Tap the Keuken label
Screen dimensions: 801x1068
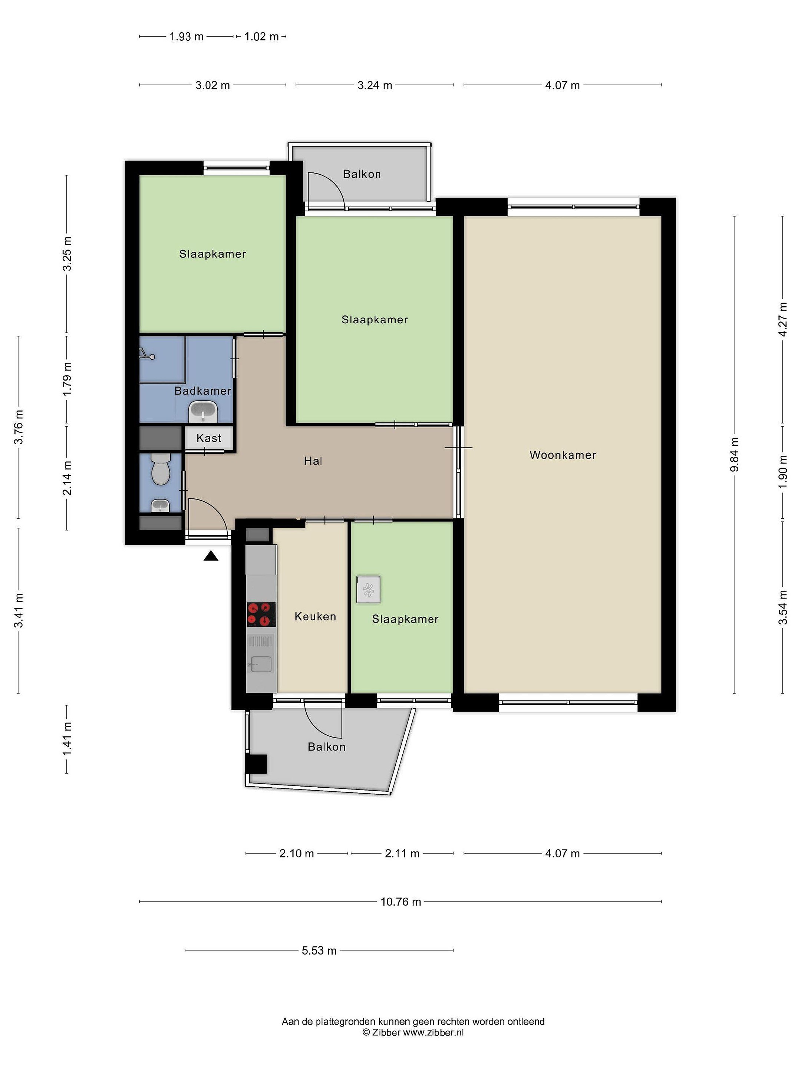[x=315, y=617]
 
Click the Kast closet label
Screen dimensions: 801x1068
[x=209, y=438]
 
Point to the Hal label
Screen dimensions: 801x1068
[x=313, y=461]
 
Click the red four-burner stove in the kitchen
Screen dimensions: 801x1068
[x=261, y=614]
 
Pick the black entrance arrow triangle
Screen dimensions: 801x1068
[x=211, y=556]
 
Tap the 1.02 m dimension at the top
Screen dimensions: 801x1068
[x=261, y=36]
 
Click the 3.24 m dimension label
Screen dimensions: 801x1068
[x=375, y=85]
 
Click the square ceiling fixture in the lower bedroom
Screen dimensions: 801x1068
[x=368, y=590]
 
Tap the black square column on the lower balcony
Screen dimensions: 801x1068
[x=256, y=764]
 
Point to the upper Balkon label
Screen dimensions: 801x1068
[x=362, y=174]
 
